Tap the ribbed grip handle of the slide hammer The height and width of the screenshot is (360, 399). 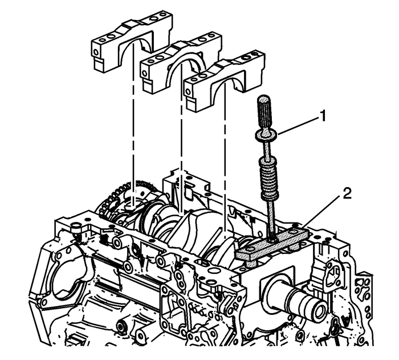coord(264,112)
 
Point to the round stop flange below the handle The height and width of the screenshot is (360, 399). coord(266,134)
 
